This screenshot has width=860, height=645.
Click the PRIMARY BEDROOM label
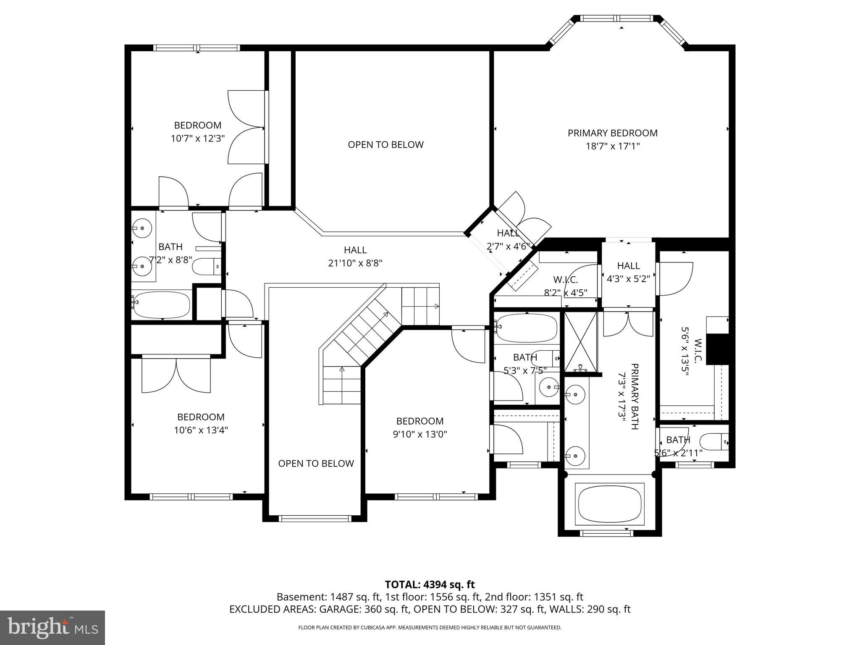coord(613,133)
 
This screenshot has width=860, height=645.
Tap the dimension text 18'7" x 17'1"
coord(613,147)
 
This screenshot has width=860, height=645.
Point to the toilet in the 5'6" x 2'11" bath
coord(714,442)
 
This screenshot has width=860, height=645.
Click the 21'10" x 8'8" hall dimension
coord(355,263)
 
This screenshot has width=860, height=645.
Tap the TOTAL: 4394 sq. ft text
coord(430,585)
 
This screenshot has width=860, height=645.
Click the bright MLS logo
coord(52,628)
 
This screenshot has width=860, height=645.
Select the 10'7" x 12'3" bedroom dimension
coord(198,139)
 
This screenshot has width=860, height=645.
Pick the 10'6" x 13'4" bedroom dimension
coord(201,430)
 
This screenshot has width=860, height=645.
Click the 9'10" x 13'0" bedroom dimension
coord(420,434)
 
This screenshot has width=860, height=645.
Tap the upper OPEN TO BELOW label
coord(385,145)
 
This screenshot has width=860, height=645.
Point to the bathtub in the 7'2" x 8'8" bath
coord(161,305)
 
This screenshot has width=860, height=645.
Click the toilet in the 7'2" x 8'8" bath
coord(206,266)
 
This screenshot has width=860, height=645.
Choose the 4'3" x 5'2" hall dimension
coord(629,279)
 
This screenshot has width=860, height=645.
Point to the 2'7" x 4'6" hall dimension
coord(509,246)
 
